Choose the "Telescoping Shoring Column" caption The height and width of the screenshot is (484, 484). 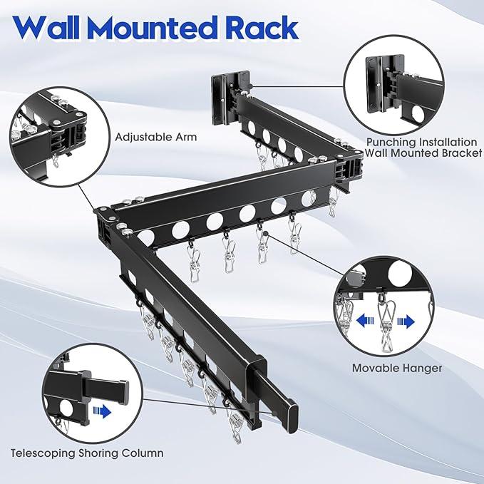click(x=86, y=453)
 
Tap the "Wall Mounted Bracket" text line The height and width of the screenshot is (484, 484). click(x=423, y=153)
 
